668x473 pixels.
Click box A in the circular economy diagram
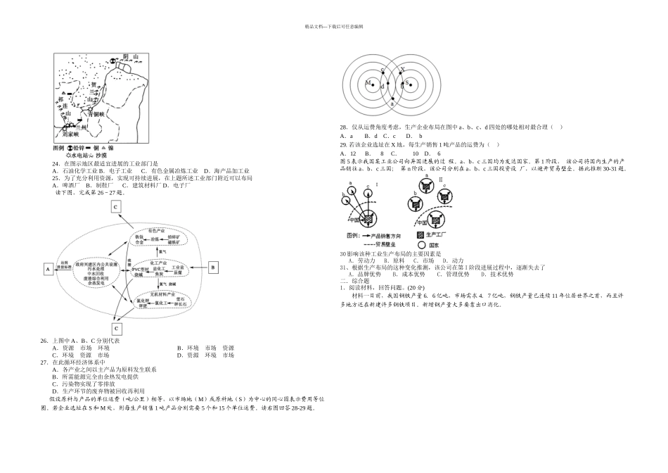tap(48, 268)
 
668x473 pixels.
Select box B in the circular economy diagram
tap(213, 267)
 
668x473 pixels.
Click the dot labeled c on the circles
tap(382, 70)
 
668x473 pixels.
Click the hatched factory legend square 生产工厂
tap(420, 234)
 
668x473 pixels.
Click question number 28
tap(343, 127)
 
